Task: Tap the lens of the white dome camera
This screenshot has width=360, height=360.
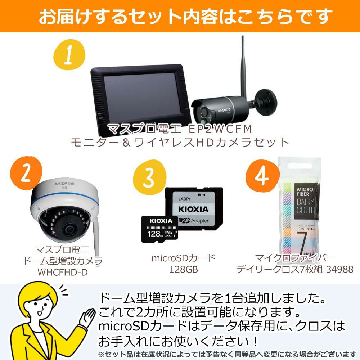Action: click(68, 228)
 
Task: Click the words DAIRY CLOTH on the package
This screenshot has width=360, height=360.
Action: click(305, 206)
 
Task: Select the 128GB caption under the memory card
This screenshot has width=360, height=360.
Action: click(183, 269)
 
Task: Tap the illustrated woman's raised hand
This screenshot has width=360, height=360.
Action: click(87, 314)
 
